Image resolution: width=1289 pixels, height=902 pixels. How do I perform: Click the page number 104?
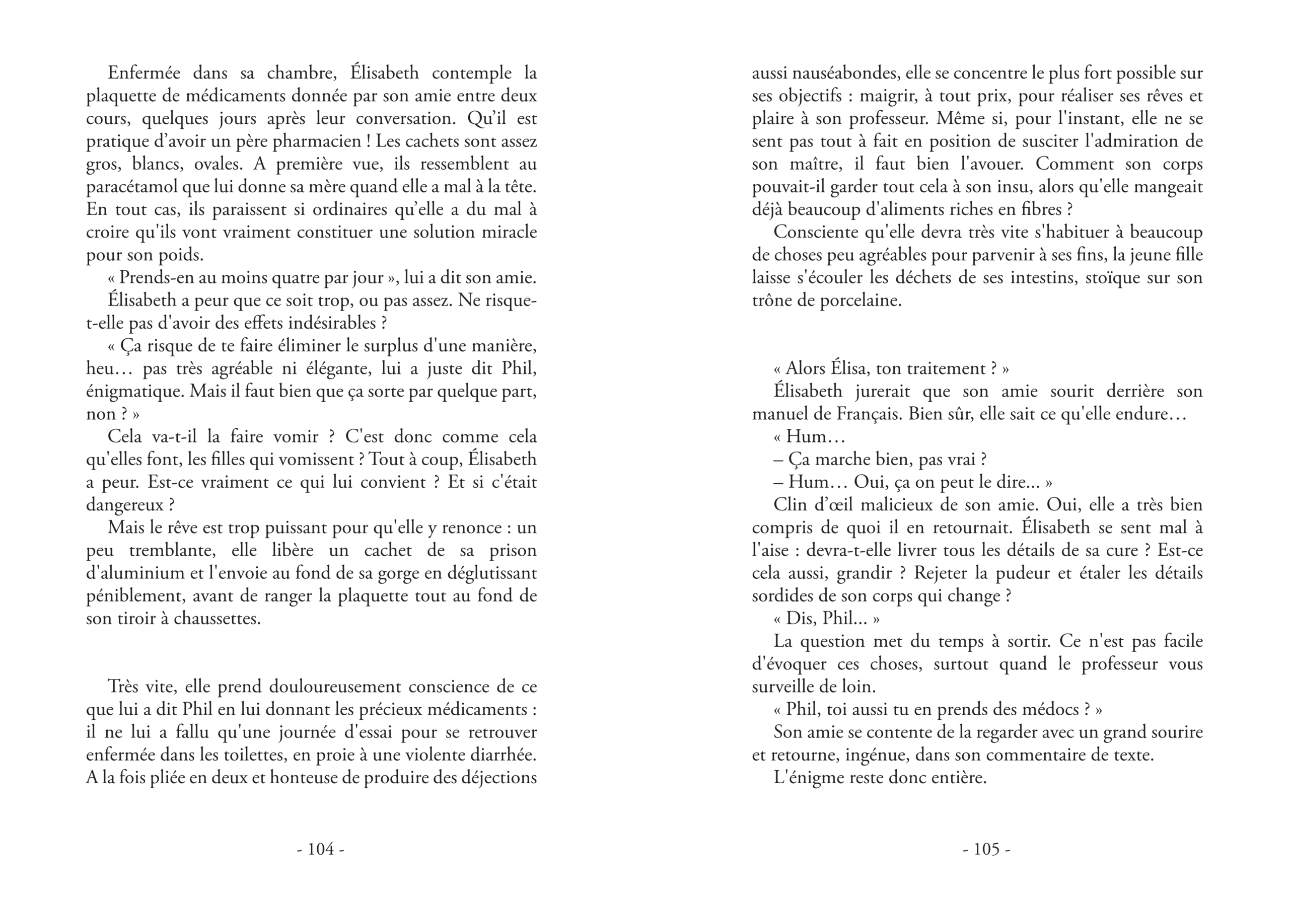(x=321, y=849)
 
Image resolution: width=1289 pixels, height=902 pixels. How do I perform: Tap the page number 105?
(x=986, y=849)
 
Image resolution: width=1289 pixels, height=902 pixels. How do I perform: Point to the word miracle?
(x=509, y=233)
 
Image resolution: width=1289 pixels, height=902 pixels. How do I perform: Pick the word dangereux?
(x=124, y=505)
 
